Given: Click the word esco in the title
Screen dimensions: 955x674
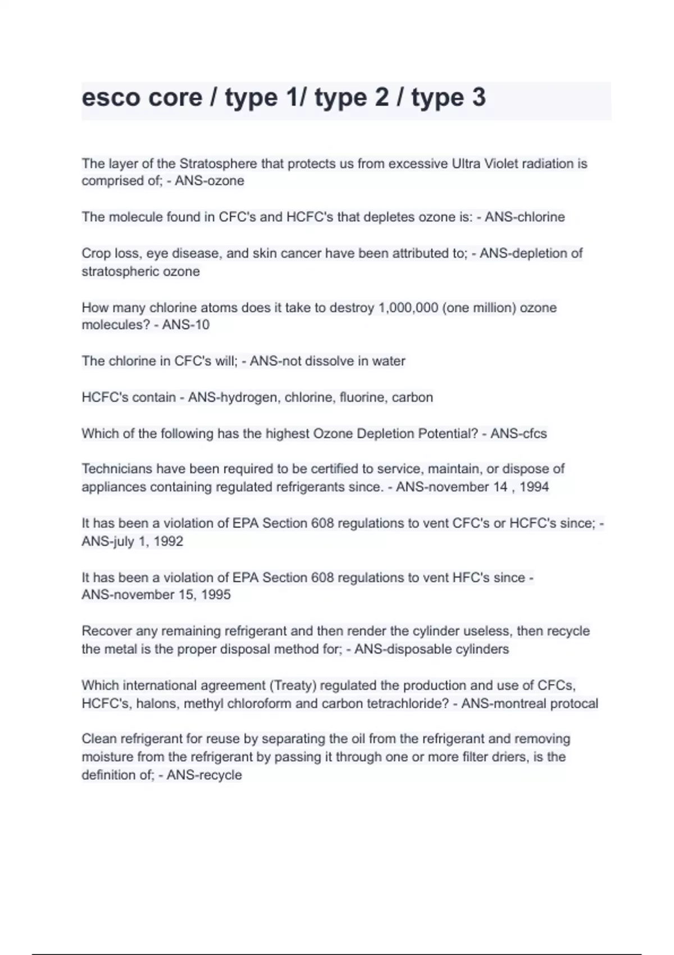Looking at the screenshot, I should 110,98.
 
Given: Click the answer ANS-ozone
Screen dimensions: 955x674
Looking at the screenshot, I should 210,181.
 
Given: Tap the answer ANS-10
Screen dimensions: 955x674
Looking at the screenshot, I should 186,325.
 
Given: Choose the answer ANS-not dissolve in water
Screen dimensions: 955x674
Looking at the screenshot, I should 327,361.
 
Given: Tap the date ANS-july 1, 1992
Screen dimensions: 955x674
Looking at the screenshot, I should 133,542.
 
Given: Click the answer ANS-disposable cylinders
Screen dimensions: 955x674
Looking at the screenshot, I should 431,649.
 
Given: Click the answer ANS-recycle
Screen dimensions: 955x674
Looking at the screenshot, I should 204,775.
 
